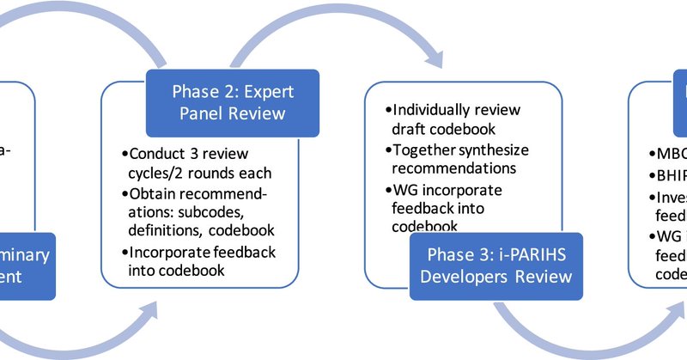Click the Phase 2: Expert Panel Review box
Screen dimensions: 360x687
pyautogui.click(x=228, y=101)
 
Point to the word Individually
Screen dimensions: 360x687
pyautogui.click(x=436, y=111)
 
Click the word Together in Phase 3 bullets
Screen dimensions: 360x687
pyautogui.click(x=427, y=149)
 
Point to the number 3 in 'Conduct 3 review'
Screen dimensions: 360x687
pyautogui.click(x=192, y=154)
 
